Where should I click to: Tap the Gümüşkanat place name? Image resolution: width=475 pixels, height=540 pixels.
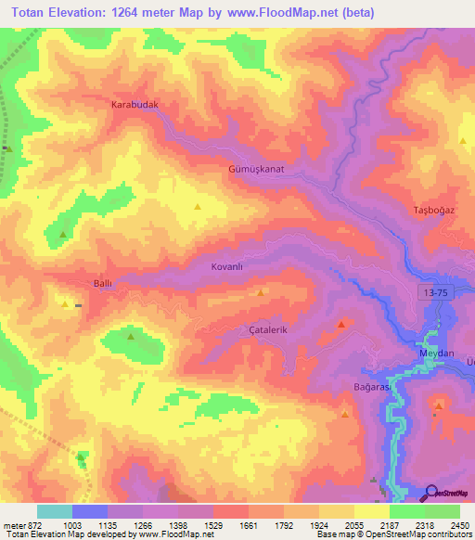(x=255, y=170)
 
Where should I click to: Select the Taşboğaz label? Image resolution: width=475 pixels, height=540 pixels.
(x=433, y=211)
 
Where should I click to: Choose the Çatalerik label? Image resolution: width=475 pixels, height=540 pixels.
(x=271, y=330)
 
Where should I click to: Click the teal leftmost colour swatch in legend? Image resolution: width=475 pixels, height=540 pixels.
(x=54, y=511)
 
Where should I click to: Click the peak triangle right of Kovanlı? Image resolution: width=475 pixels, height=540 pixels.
(x=261, y=292)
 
